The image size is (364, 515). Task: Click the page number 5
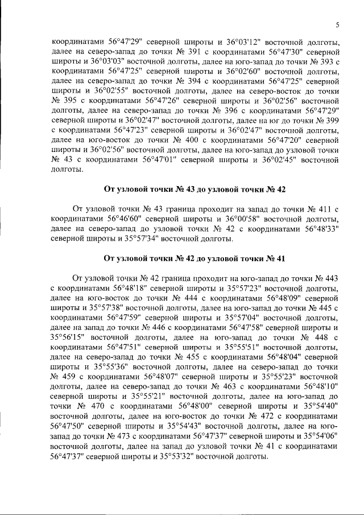tap(337, 24)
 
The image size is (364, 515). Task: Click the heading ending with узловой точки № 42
tap(195, 189)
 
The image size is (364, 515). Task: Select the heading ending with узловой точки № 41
tap(195, 258)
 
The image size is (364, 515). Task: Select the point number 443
tap(330, 278)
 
